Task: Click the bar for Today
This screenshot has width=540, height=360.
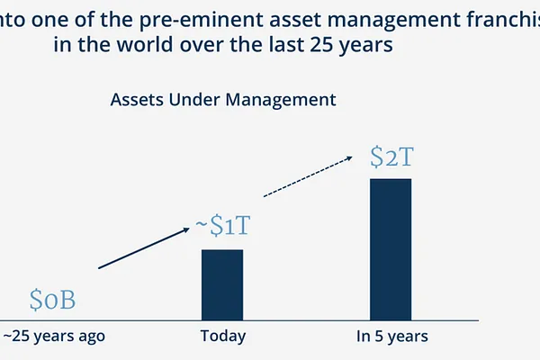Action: tap(221, 283)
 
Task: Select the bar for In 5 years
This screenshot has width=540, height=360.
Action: tap(390, 248)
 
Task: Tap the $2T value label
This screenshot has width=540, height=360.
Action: tap(391, 157)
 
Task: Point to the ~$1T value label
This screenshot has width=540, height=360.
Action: tap(222, 227)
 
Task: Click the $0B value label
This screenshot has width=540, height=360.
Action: tap(57, 299)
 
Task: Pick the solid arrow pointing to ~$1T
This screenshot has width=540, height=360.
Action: tap(145, 248)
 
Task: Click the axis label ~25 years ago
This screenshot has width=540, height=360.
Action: tap(54, 336)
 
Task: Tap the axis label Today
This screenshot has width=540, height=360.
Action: tap(222, 336)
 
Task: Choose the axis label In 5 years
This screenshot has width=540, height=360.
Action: tap(391, 336)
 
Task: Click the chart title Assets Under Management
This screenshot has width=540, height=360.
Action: tap(223, 99)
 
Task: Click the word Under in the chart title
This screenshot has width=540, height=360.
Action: tap(190, 99)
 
